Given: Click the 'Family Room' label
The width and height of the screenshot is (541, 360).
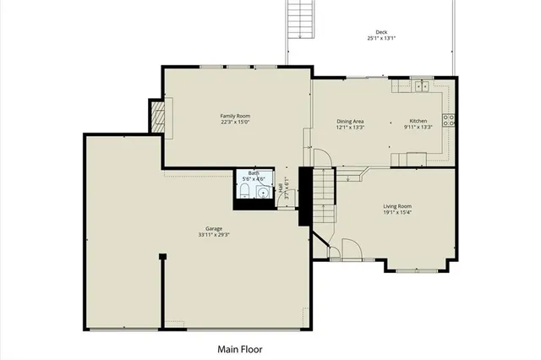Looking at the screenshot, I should (x=235, y=116).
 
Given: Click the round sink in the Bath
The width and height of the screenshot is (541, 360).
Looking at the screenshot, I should (x=263, y=192).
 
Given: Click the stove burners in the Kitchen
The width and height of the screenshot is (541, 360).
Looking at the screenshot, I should (x=449, y=118).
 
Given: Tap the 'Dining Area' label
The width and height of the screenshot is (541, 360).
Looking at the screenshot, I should (x=350, y=121).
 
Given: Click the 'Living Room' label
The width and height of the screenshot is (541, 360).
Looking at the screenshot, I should (x=397, y=205).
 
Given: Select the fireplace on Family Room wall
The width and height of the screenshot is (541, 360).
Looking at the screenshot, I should (x=156, y=116).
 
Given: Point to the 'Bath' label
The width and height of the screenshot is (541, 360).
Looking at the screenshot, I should (x=254, y=172).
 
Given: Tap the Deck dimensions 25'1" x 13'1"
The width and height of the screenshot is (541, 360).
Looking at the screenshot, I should (x=382, y=39).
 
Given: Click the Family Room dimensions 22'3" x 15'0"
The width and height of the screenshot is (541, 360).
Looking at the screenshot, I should (x=235, y=123).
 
